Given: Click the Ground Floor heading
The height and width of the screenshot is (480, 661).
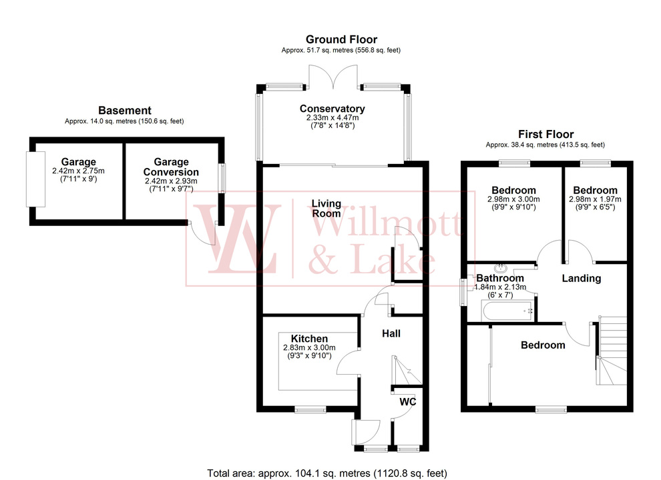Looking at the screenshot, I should click(x=341, y=39).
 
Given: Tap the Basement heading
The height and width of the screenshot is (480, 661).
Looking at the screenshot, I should click(x=124, y=110).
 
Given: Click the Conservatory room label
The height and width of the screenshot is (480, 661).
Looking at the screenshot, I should click(x=332, y=109).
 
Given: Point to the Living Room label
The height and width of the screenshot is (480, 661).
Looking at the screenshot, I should click(x=326, y=208).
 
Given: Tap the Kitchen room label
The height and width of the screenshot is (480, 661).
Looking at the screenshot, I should click(x=309, y=339).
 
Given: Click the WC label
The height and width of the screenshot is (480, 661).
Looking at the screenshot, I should click(x=407, y=403).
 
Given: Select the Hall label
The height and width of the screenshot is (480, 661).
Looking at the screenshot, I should click(x=391, y=333).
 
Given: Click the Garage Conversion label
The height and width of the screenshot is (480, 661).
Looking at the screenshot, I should click(x=171, y=167).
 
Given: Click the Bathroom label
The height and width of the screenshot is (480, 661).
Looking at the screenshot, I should click(x=499, y=278).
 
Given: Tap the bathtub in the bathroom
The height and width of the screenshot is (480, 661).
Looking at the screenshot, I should click(x=507, y=310).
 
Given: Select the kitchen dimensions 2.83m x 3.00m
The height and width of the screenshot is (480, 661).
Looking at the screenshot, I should click(x=309, y=347).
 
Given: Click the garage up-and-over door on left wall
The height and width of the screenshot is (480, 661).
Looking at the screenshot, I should click(x=29, y=179).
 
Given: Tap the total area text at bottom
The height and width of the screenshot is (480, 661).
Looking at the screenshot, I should click(x=326, y=473).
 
